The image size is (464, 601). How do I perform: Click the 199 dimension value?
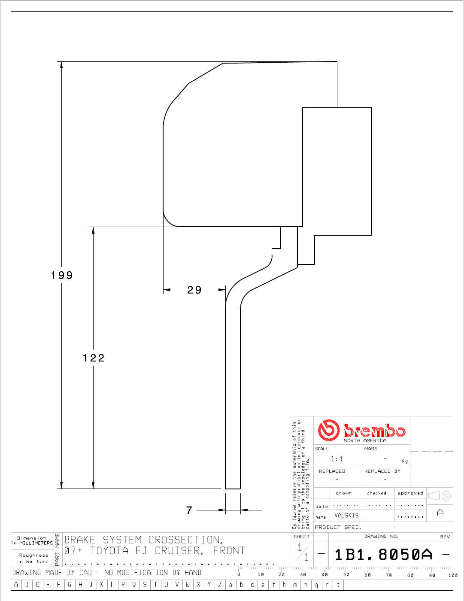tap(62, 275)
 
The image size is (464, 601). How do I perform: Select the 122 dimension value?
tap(94, 358)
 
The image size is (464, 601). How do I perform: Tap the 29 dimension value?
tap(194, 290)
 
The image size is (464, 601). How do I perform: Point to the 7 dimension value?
tap(189, 510)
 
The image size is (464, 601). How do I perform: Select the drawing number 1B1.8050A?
tap(383, 555)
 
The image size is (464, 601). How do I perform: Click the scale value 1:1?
tap(337, 459)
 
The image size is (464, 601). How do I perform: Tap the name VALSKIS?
tap(346, 515)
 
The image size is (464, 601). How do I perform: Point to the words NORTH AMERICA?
tap(365, 440)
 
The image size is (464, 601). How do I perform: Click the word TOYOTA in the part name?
tap(109, 550)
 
